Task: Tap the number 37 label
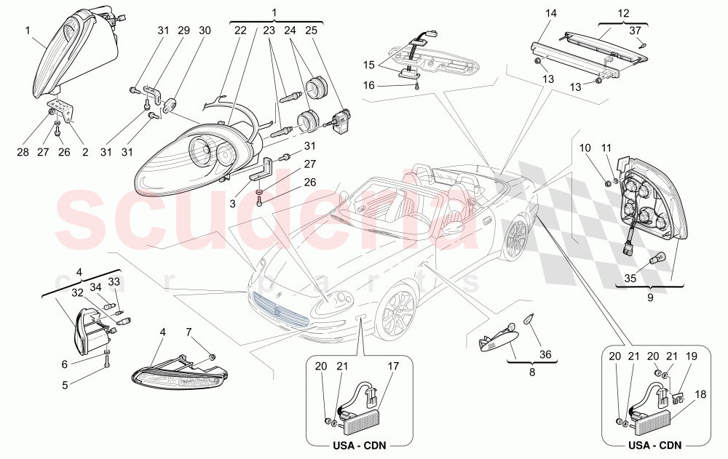(x=636, y=30)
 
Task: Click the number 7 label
(x=189, y=332)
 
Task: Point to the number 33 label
(x=114, y=282)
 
